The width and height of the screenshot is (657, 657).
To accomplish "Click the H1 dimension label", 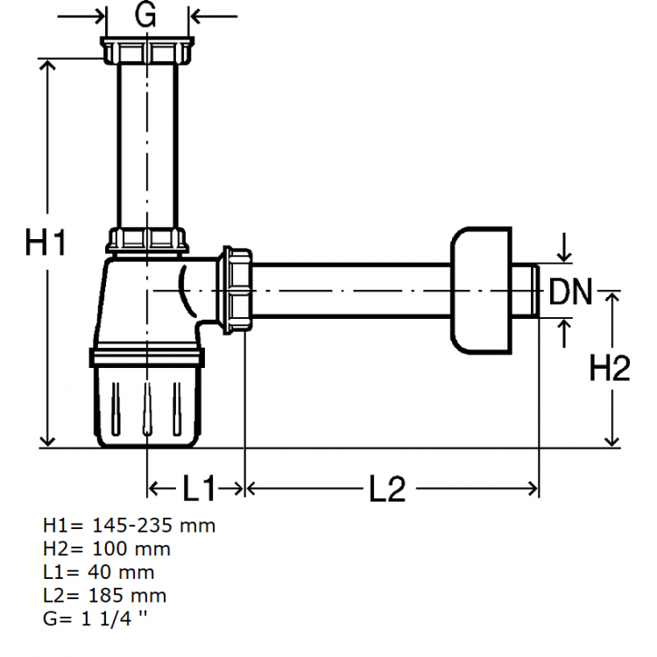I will pyautogui.click(x=46, y=243).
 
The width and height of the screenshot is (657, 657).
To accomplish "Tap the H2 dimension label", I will pyautogui.click(x=610, y=369).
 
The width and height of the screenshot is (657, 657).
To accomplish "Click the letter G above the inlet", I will pyautogui.click(x=147, y=14).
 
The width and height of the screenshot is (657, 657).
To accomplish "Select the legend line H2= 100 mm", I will pyautogui.click(x=106, y=549).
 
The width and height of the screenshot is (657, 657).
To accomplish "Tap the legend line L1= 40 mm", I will pyautogui.click(x=98, y=573).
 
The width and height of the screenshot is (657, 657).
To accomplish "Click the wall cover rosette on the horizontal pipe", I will pyautogui.click(x=479, y=289).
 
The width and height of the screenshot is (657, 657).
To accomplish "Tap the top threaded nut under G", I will pyautogui.click(x=146, y=51).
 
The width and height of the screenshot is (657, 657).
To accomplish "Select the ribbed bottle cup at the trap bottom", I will pyautogui.click(x=148, y=403).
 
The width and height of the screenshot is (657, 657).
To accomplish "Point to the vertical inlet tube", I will pyautogui.click(x=146, y=145).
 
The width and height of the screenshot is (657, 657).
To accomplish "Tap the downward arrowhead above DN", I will pyautogui.click(x=565, y=255).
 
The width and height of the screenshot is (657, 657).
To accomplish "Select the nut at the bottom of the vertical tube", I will pyautogui.click(x=147, y=241).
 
